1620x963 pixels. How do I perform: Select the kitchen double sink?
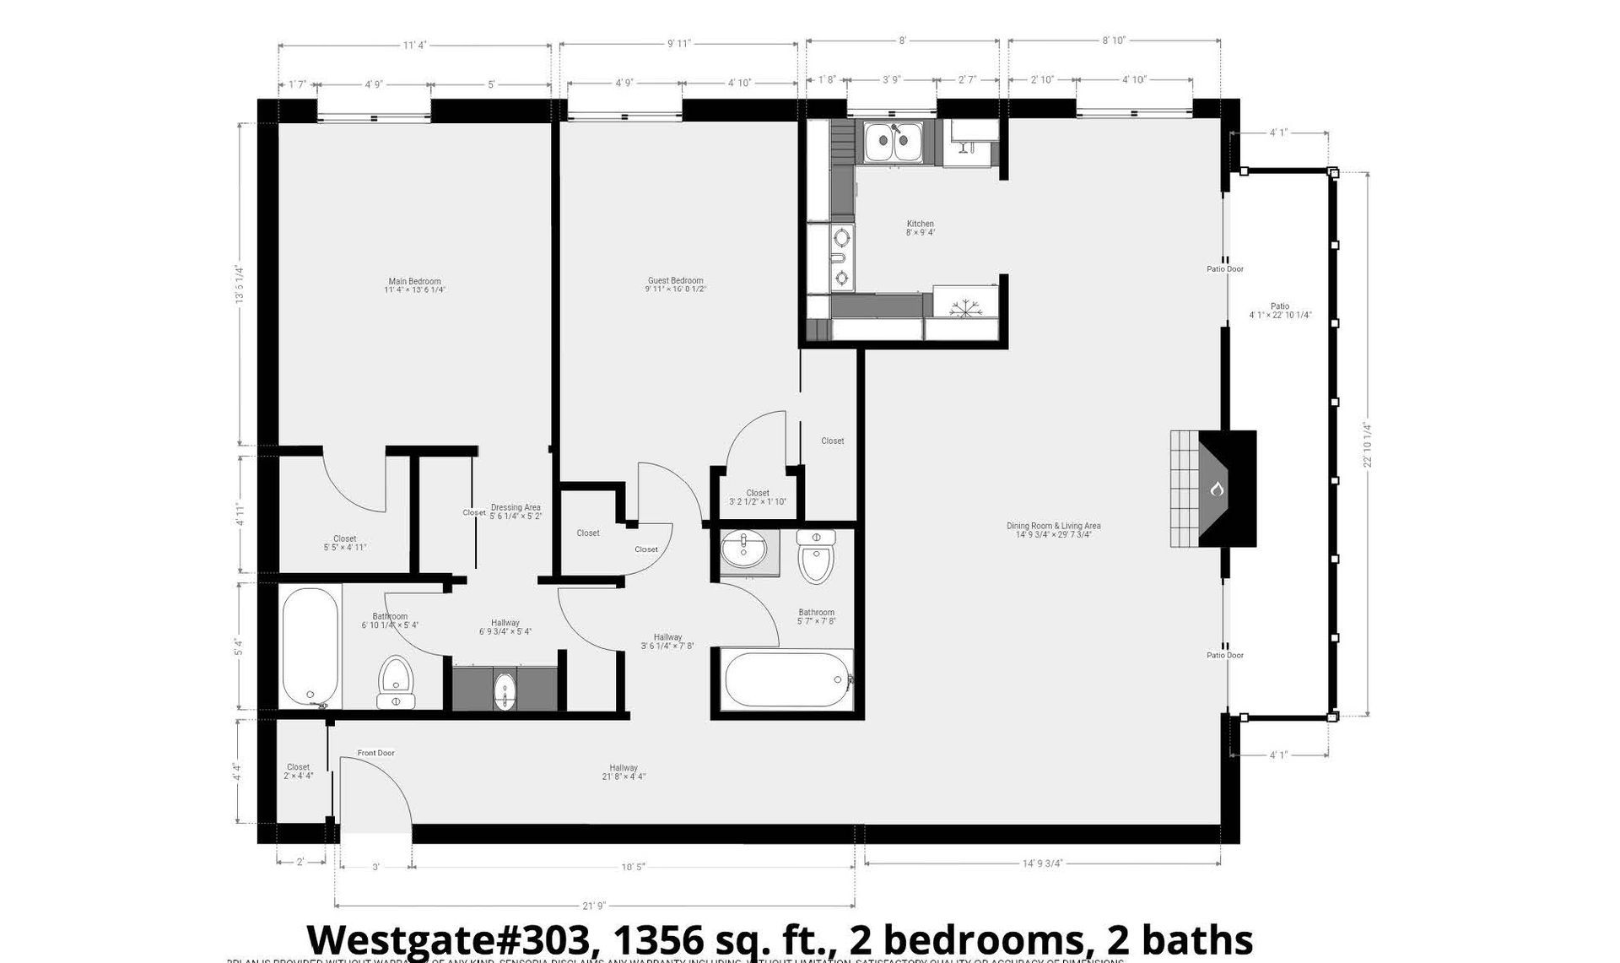click(894, 142)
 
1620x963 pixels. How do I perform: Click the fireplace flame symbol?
click(1217, 489)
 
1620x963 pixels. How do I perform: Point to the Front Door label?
click(375, 753)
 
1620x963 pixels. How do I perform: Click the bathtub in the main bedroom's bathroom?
click(310, 648)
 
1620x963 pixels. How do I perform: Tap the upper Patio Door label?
click(1224, 269)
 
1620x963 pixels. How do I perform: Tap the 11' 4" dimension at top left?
click(413, 46)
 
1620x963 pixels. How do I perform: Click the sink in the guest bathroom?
click(744, 550)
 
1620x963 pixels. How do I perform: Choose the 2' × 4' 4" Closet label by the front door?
click(298, 771)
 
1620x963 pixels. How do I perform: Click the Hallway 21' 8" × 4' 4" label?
click(624, 772)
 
